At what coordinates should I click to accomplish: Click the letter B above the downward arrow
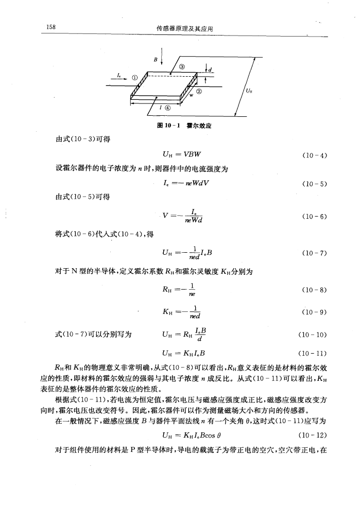pos(156,59)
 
